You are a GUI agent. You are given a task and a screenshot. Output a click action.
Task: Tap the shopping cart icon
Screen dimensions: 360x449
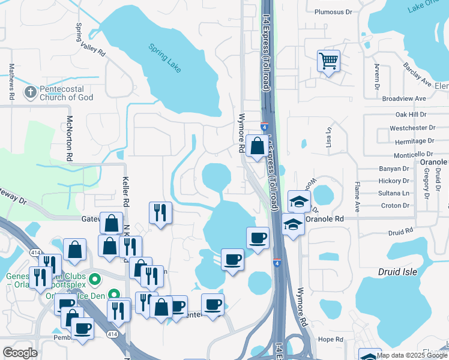[x=328, y=61]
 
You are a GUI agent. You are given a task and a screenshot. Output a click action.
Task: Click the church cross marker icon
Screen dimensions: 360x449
[x=30, y=92]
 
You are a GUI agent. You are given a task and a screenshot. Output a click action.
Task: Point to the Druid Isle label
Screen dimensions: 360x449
[x=397, y=272]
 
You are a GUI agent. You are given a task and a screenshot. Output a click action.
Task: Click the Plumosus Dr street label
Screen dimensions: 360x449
[x=335, y=11]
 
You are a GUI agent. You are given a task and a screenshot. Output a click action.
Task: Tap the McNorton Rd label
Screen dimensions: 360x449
[x=70, y=137]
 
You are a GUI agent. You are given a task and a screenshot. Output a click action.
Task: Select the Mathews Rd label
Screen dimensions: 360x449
[x=11, y=82]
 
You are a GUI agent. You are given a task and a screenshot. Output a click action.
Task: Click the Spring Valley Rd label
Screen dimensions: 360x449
[x=90, y=40]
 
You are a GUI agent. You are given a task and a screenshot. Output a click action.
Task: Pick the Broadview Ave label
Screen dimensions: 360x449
[x=403, y=98]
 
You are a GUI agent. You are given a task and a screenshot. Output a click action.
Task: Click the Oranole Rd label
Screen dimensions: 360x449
[x=324, y=220]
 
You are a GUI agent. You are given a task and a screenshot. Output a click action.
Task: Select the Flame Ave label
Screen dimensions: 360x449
[x=357, y=197]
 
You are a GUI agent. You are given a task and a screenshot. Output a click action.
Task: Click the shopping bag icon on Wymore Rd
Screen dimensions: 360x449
[x=257, y=146]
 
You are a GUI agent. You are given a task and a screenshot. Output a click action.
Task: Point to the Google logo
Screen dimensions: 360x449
[x=20, y=352]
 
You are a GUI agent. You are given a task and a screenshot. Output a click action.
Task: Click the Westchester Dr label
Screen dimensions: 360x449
[x=412, y=128]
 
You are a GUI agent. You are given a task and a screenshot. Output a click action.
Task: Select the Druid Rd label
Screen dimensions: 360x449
[x=401, y=231]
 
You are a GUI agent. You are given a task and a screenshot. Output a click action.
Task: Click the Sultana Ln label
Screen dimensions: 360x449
[x=394, y=193]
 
